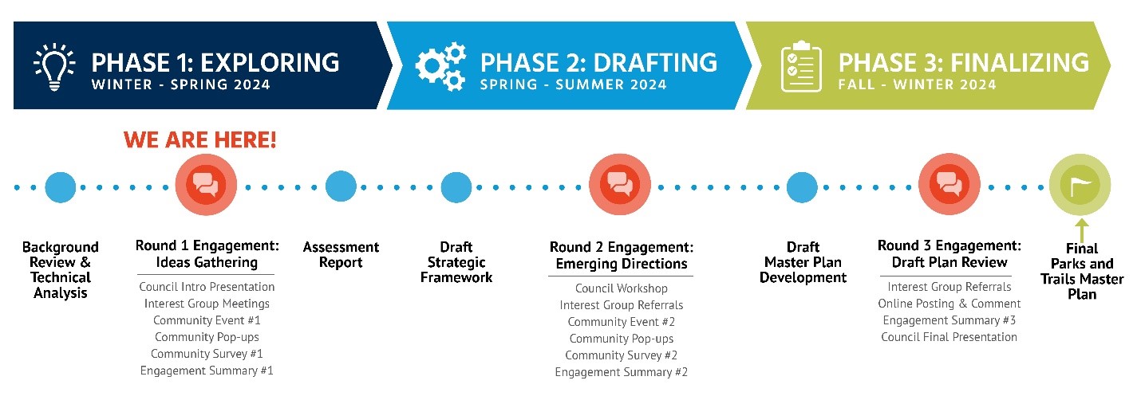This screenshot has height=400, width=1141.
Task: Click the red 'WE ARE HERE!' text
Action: coord(200,141)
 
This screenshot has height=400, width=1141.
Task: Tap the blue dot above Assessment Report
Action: coord(341,187)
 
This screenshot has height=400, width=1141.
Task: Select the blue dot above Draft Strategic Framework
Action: coord(456,187)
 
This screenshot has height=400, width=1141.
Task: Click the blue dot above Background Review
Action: coord(61,187)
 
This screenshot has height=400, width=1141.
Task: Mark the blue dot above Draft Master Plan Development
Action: coord(803,187)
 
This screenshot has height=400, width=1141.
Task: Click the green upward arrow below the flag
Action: coord(1081,229)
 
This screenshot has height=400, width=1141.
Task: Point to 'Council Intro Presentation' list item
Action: coord(207,287)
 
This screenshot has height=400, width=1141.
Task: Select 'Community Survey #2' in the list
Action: coord(621,355)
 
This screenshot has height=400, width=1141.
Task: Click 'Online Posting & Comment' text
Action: coord(949,304)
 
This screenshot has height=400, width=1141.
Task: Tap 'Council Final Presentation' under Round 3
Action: coord(949,337)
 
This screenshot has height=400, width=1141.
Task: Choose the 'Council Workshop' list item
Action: coord(621,288)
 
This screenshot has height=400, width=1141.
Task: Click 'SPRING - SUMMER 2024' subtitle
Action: coord(573,84)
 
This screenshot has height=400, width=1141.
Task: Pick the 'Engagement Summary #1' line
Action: coord(207,371)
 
